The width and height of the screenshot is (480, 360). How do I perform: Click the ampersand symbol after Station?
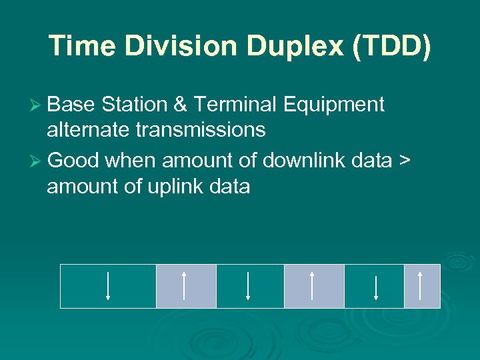(182, 105)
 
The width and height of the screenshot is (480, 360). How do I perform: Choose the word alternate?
(89, 129)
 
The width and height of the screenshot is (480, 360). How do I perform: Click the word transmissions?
(200, 129)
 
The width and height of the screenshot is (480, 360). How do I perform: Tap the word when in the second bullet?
(131, 161)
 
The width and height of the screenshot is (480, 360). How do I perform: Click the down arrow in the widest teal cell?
(108, 286)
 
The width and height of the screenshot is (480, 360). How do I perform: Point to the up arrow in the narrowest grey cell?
(420, 286)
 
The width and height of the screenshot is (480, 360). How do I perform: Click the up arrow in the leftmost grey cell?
(184, 286)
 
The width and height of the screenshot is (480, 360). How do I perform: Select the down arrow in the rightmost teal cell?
(376, 287)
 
